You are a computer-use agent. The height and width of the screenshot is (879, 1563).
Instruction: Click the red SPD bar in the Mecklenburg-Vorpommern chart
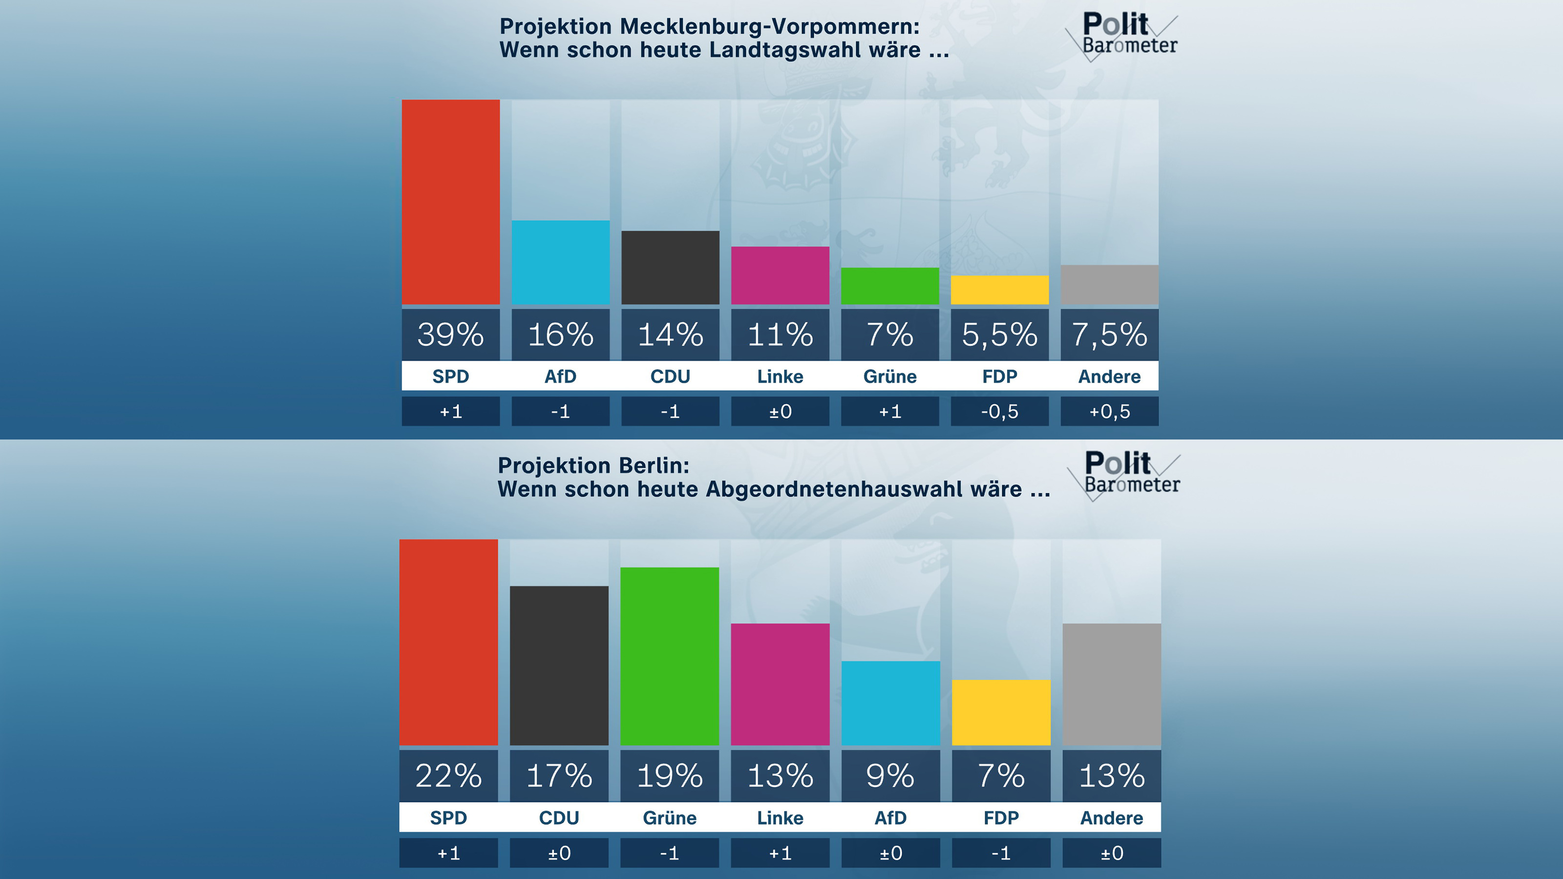pos(450,202)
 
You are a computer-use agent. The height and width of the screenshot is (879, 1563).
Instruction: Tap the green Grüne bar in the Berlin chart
pos(669,656)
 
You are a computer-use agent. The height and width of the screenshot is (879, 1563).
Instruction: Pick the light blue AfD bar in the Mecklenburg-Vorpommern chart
pos(560,262)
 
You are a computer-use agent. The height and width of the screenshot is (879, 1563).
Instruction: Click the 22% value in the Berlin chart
pos(448,776)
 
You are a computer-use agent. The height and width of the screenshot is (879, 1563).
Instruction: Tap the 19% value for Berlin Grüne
pos(669,776)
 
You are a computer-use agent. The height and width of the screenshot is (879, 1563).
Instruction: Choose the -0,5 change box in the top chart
pos(999,411)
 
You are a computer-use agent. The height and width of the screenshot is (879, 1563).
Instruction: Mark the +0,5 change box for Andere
pos(1109,411)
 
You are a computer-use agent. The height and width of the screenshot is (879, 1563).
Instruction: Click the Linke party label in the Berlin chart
pos(780,818)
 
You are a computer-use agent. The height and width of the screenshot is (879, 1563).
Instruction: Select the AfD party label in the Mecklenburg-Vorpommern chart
pos(560,376)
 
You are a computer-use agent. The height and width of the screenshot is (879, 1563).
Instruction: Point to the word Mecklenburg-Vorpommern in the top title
pos(769,27)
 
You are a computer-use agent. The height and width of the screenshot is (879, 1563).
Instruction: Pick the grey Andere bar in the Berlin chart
pos(1112,684)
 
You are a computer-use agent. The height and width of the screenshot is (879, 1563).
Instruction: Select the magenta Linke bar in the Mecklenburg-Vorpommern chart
pos(780,275)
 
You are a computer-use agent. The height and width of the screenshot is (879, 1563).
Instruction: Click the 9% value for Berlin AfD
pos(890,776)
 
